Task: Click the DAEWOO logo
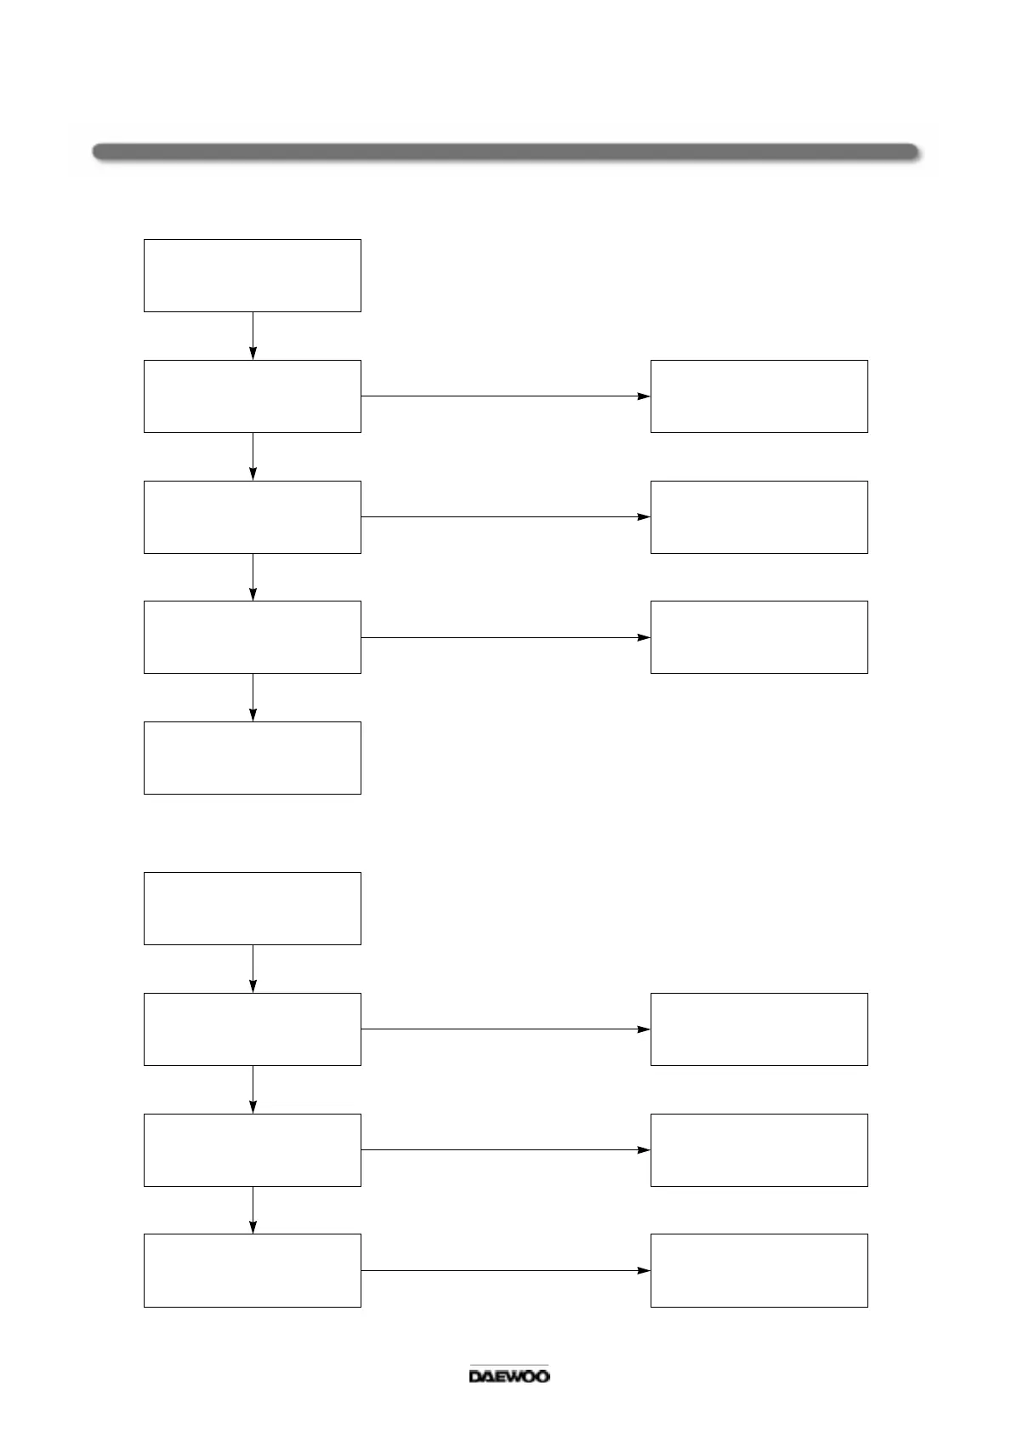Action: [509, 1376]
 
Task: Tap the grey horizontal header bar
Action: [506, 152]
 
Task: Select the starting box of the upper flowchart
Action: [253, 276]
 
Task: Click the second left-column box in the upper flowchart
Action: [253, 396]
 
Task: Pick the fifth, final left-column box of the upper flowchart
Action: [253, 758]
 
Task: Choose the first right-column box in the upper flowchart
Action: [759, 396]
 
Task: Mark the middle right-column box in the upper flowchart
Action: [759, 517]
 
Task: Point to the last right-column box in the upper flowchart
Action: [759, 637]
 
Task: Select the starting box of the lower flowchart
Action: [253, 909]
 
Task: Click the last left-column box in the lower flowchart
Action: [253, 1270]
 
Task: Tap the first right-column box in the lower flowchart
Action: [759, 1029]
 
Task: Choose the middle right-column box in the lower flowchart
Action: [759, 1150]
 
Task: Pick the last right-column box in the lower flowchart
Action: [759, 1270]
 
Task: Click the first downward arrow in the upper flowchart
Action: [253, 336]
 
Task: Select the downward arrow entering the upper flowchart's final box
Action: [253, 698]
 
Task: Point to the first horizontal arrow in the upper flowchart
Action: [505, 396]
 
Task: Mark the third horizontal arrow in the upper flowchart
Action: [505, 638]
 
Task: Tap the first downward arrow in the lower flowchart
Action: [253, 969]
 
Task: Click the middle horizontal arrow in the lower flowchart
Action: [505, 1150]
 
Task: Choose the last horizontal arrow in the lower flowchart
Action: [505, 1271]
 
